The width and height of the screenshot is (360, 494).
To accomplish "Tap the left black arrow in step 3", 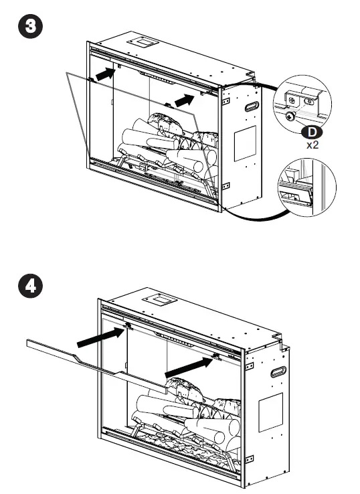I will (102, 74).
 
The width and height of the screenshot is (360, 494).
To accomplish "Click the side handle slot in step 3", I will (253, 106).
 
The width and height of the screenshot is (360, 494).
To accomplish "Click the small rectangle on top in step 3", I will (145, 42).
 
